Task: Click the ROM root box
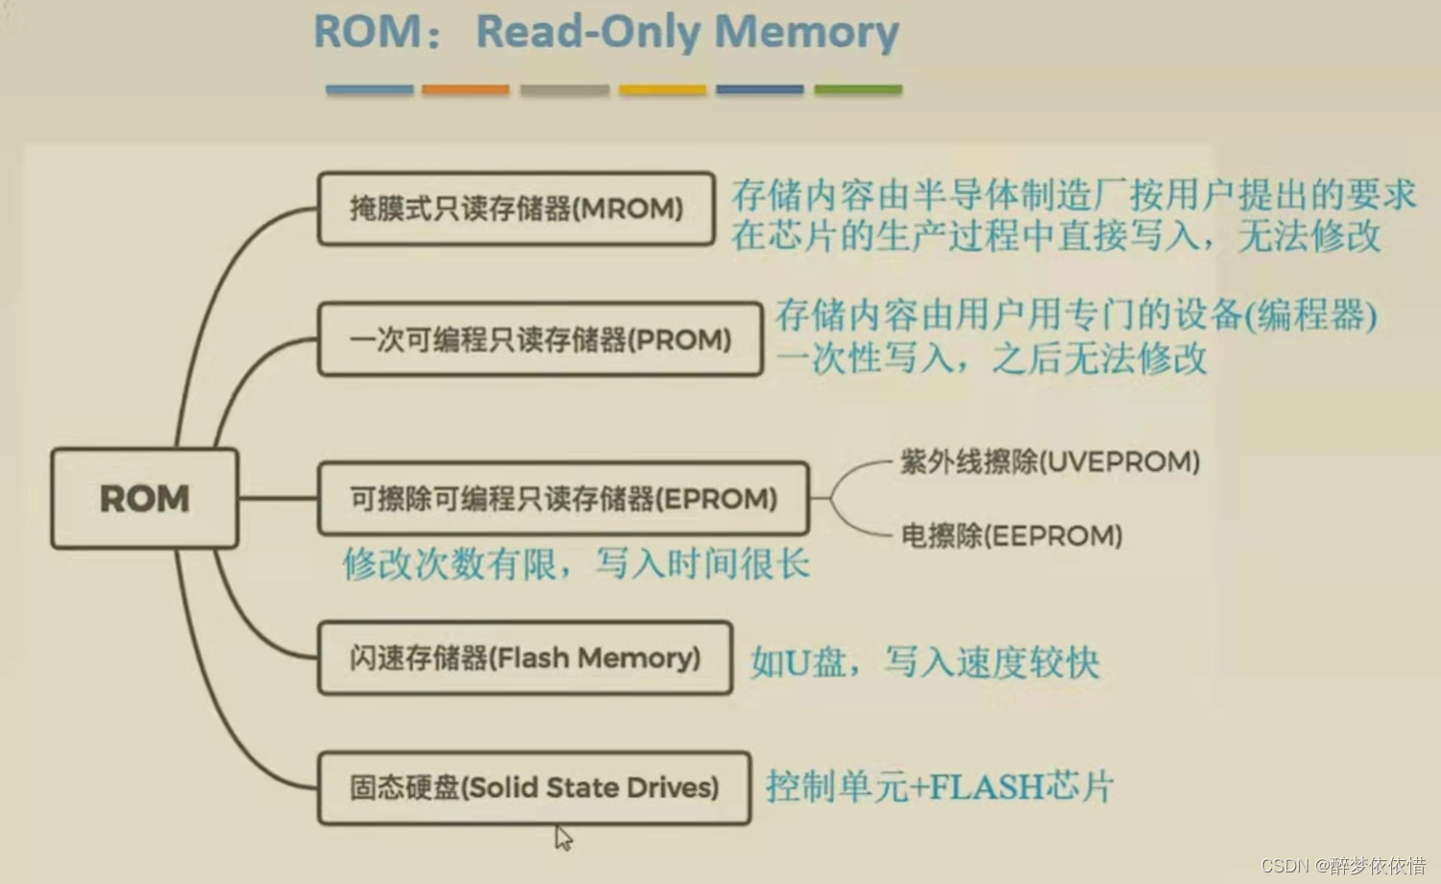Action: (144, 498)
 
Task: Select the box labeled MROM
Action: (516, 209)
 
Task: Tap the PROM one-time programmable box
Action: (540, 339)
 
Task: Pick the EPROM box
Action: (563, 499)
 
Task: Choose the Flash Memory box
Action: (525, 658)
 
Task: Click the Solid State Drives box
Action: (534, 788)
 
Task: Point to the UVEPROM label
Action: (1050, 462)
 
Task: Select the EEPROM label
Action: (1012, 535)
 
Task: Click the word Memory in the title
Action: (806, 32)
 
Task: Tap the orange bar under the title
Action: (466, 89)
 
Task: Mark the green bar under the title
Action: (858, 89)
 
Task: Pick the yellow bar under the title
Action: (662, 89)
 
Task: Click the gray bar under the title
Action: (565, 89)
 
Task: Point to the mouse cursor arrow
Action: (563, 838)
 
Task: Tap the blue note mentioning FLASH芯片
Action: (940, 787)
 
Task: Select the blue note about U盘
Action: (924, 662)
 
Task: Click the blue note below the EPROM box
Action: (575, 564)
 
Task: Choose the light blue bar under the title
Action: (369, 89)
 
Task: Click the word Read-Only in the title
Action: (588, 32)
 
